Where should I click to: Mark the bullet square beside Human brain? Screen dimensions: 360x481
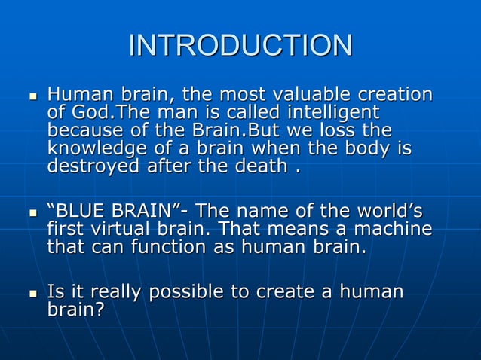point(32,97)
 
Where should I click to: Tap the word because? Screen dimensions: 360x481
point(83,130)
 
